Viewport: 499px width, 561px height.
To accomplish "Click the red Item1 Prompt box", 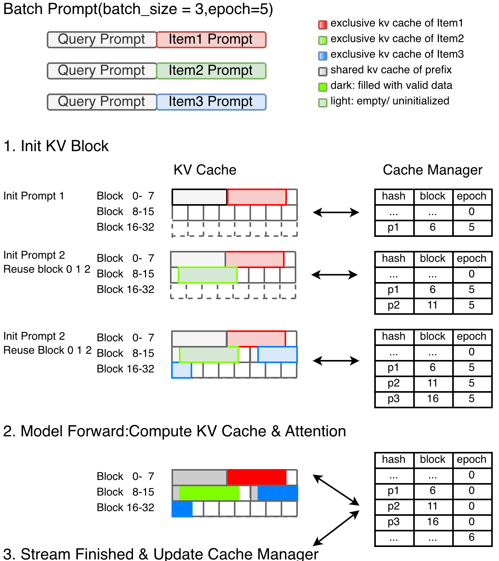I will point(211,40).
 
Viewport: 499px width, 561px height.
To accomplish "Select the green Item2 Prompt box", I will point(211,71).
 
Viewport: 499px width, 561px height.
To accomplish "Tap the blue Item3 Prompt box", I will point(211,102).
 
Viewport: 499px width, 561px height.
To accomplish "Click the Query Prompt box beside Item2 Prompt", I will point(102,71).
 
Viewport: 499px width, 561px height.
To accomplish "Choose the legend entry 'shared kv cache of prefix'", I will point(391,70).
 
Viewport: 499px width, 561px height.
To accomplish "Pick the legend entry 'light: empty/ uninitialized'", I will point(389,101).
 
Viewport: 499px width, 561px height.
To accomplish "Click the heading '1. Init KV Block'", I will point(56,146).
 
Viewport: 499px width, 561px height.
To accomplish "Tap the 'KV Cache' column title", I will point(205,170).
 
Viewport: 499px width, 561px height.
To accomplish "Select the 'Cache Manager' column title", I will point(432,170).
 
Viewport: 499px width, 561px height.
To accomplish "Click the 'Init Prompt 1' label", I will point(34,196).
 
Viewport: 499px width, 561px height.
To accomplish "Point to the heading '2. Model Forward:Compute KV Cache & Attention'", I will point(175,431).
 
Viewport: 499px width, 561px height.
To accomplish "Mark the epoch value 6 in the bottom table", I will point(471,538).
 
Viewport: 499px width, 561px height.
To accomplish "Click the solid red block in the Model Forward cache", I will point(257,477).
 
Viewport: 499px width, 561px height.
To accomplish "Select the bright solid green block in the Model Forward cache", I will point(209,493).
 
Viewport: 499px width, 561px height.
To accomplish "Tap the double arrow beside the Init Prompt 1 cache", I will point(336,212).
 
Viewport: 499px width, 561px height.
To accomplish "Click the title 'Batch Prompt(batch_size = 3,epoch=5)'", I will point(138,9).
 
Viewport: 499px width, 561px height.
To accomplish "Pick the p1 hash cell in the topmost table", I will point(393,228).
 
